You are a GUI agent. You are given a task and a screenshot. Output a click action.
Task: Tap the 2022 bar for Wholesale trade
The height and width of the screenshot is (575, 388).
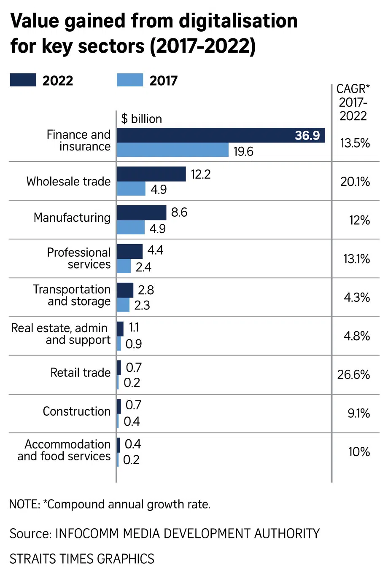151,174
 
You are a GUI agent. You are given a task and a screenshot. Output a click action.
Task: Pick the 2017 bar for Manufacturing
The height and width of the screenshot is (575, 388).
131,228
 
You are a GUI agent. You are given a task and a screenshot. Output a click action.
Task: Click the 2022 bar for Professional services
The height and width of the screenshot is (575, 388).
129,251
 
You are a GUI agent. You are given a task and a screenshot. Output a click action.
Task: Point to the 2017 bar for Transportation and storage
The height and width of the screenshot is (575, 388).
123,305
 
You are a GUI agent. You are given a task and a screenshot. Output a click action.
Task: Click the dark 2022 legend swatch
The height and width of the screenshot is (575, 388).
23,80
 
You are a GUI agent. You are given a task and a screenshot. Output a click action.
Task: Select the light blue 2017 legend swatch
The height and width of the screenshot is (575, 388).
130,80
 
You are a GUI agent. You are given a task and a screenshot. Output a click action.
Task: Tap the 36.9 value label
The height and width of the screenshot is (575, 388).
307,135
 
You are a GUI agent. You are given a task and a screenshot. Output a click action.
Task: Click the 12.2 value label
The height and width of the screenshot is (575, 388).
200,174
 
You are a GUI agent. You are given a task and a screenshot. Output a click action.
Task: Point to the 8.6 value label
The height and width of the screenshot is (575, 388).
179,212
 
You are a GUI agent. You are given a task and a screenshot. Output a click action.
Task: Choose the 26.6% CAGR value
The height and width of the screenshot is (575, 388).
353,374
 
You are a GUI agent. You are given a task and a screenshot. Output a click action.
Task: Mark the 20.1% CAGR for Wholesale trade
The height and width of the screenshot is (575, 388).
355,182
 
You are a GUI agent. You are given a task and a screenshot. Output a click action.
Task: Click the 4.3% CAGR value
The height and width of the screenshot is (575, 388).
357,297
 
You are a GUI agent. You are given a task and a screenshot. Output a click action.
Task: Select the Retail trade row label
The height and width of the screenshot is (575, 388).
80,373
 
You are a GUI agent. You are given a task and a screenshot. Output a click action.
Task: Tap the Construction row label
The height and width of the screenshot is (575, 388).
76,411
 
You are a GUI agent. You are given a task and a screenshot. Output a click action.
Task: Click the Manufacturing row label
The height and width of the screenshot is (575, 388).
72,218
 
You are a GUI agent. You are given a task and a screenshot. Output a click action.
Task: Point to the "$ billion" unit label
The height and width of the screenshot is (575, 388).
141,119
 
